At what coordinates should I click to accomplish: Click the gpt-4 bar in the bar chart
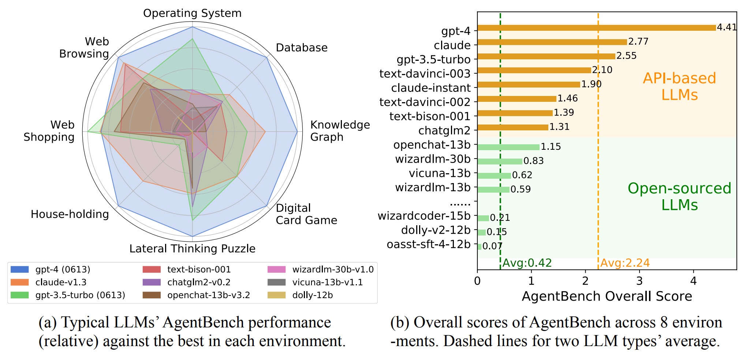point(597,28)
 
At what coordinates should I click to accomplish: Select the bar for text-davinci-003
point(534,70)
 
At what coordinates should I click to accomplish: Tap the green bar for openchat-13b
point(508,147)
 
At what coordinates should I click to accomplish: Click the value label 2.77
point(638,42)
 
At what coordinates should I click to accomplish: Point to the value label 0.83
point(533,161)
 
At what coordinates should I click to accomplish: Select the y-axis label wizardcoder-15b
point(424,216)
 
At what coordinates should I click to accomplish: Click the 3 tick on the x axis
point(639,281)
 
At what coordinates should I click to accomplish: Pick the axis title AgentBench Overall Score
point(607,296)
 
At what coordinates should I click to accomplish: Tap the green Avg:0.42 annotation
point(527,263)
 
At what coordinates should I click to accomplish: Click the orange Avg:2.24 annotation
point(625,263)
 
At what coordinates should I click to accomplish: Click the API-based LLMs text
point(679,86)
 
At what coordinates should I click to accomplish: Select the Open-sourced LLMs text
point(679,196)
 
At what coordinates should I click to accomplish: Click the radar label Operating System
point(192,13)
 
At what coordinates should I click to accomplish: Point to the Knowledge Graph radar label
point(340,131)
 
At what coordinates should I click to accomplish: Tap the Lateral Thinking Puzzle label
point(192,249)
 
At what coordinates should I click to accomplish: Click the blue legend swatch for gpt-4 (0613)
point(20,270)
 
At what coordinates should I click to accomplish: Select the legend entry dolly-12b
point(312,295)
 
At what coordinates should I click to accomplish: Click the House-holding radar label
point(70,214)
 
